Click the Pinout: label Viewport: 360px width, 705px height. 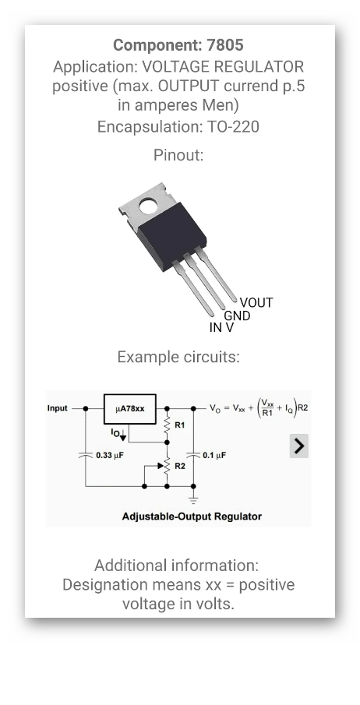[x=178, y=155]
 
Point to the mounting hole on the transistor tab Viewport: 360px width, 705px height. [x=145, y=206]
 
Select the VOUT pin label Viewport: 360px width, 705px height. [x=256, y=302]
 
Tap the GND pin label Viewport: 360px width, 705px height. [x=238, y=315]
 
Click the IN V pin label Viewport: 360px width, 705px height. [x=221, y=328]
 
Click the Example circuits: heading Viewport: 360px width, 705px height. [x=178, y=357]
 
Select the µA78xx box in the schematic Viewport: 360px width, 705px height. [x=129, y=407]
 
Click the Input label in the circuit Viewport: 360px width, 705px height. [x=58, y=407]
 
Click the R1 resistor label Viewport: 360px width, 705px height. [x=180, y=425]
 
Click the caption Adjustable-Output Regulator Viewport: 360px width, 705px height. [x=192, y=516]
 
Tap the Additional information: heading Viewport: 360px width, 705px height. [x=177, y=565]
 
